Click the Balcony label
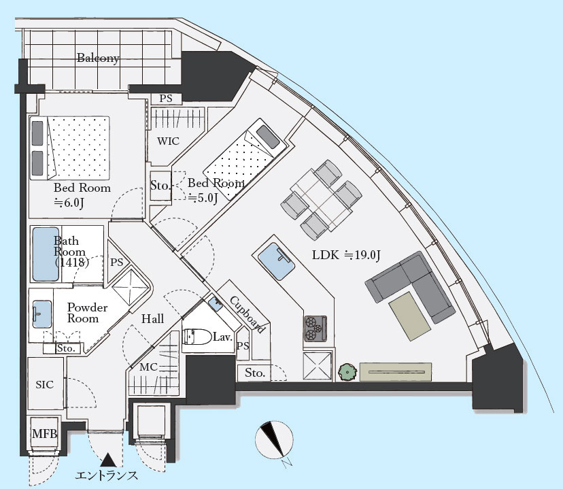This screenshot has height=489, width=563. point(98,58)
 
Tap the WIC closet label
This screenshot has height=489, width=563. point(168,141)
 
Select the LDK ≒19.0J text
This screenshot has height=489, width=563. point(346,255)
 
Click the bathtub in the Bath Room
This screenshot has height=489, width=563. point(46,254)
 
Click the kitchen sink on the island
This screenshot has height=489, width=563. point(277,261)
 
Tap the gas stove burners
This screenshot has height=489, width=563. point(315,328)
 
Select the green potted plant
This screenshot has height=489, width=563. point(347,372)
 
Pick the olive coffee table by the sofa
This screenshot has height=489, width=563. point(410,316)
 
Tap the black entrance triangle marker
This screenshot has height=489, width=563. point(108,460)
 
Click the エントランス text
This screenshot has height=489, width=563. point(107,475)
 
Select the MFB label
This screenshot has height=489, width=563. point(44,434)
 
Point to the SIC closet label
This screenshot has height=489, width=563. point(44,385)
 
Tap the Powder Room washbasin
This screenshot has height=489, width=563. point(42,314)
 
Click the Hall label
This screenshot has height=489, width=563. point(152,319)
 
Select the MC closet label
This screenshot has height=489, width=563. point(149,367)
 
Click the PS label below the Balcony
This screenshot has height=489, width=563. point(166,99)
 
